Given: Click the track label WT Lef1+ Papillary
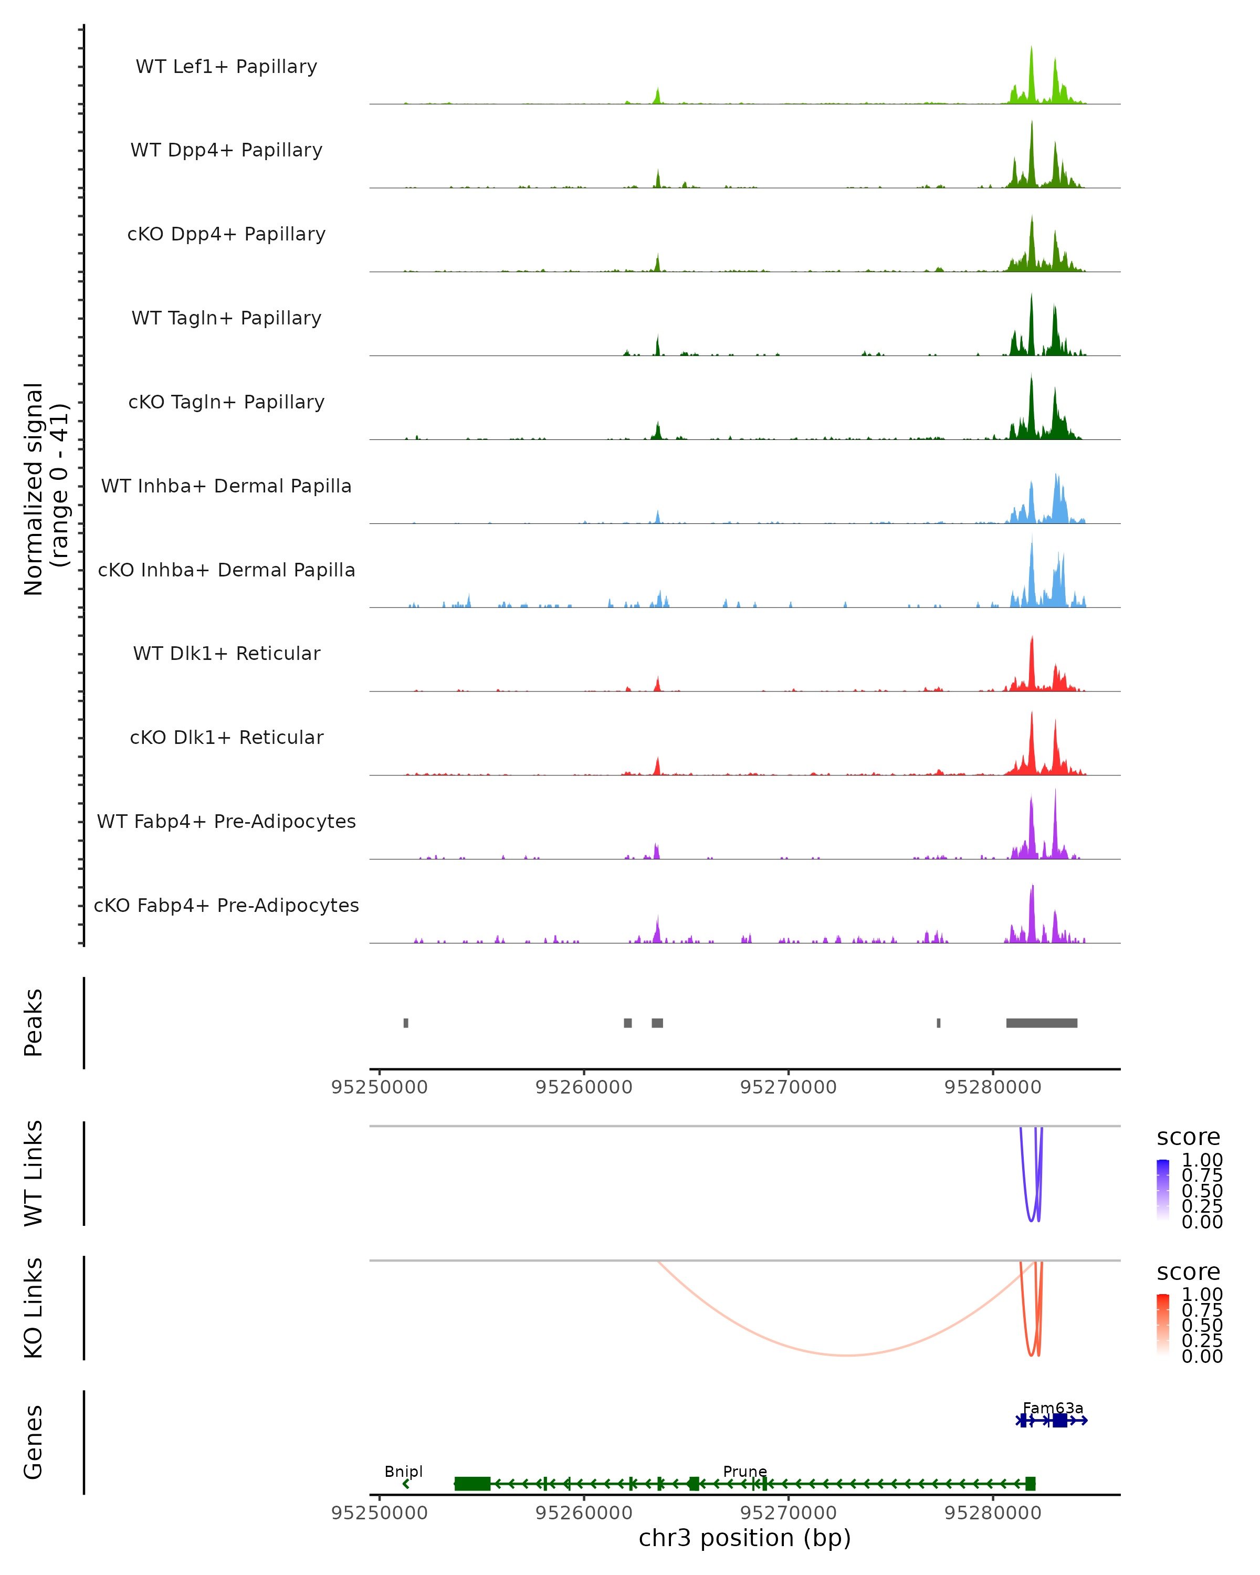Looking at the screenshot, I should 226,67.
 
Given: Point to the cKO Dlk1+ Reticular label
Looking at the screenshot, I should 226,737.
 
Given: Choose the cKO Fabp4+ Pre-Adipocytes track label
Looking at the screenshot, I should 226,905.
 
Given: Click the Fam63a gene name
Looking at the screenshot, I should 1053,1408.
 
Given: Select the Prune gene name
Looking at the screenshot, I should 745,1471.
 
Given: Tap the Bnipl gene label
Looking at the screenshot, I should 403,1471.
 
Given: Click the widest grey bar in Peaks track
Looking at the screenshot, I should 1042,1023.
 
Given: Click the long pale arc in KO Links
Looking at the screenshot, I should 846,1355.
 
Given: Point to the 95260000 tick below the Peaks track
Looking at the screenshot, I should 584,1087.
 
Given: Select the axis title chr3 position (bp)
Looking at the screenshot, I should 744,1538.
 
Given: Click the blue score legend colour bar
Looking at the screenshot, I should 1163,1191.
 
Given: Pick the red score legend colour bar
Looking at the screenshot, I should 1163,1325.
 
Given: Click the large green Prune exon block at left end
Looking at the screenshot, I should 472,1484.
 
